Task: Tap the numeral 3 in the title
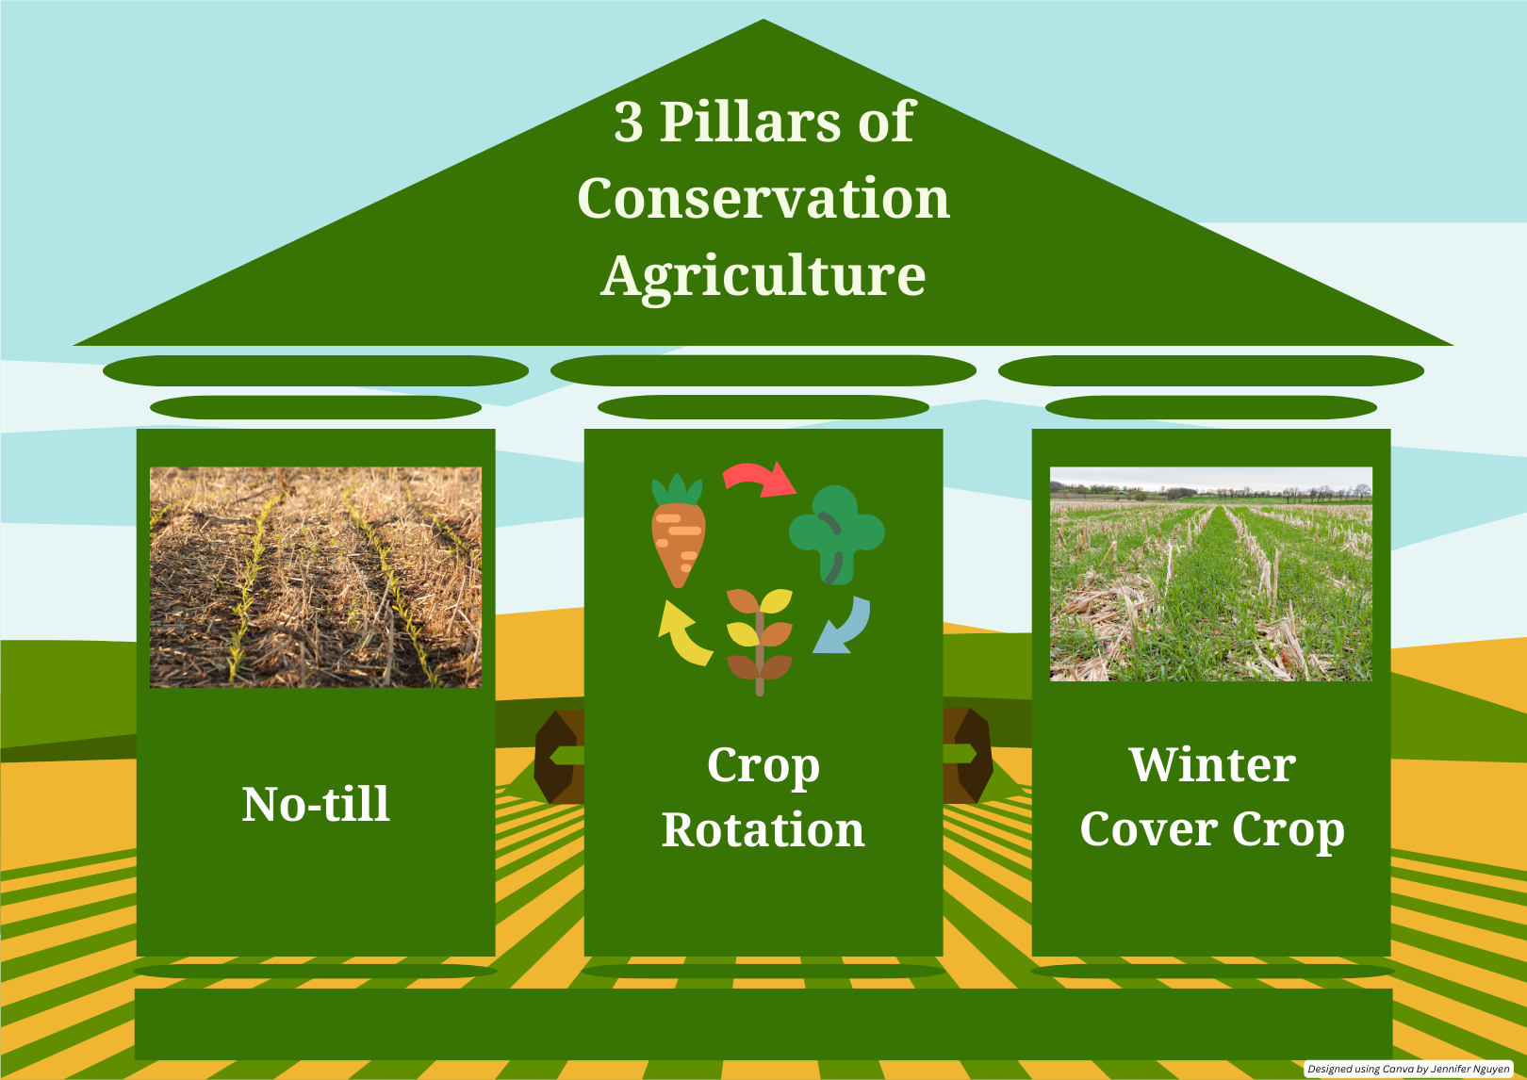click(628, 122)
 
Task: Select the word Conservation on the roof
click(763, 198)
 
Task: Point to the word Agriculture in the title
click(763, 277)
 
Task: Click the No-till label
click(316, 804)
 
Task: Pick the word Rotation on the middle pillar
click(763, 830)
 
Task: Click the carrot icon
click(678, 531)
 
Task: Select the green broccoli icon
click(836, 534)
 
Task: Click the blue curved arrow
click(844, 627)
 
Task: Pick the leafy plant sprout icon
click(760, 641)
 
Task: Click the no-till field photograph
click(316, 577)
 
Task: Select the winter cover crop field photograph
click(1210, 574)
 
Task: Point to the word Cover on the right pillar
click(1149, 830)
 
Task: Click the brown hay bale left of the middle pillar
click(559, 757)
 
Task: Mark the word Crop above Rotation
click(763, 766)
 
